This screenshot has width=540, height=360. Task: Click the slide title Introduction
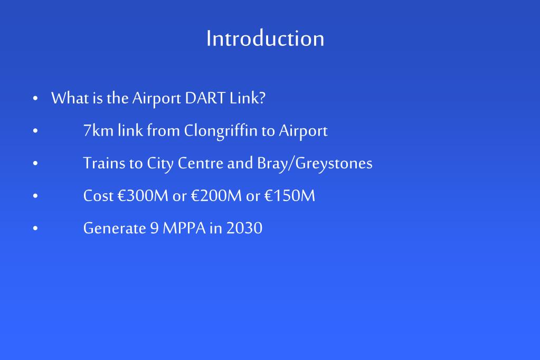point(265,39)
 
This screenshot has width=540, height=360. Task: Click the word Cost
point(98,196)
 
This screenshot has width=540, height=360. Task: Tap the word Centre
point(201,164)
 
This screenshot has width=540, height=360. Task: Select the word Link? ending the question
point(247,98)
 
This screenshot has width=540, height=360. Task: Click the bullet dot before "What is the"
point(35,99)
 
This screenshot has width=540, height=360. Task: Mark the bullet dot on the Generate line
point(35,229)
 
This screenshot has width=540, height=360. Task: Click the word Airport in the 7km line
point(303,131)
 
